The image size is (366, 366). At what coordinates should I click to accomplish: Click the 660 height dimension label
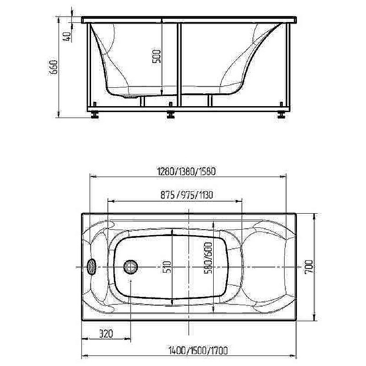pyautogui.click(x=54, y=67)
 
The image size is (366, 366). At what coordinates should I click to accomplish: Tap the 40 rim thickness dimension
pyautogui.click(x=66, y=37)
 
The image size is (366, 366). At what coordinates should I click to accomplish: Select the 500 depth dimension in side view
pyautogui.click(x=156, y=56)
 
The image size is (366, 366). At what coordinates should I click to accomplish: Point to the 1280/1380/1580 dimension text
pyautogui.click(x=187, y=172)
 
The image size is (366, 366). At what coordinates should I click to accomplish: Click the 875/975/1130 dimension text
pyautogui.click(x=187, y=195)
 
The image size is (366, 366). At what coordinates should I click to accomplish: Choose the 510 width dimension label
pyautogui.click(x=167, y=267)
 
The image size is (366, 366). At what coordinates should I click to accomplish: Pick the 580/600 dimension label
pyautogui.click(x=208, y=258)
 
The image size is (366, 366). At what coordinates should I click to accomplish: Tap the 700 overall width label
pyautogui.click(x=308, y=267)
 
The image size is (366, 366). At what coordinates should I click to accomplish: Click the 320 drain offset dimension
pyautogui.click(x=106, y=334)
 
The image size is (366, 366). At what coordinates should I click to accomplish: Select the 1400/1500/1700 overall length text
pyautogui.click(x=198, y=350)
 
